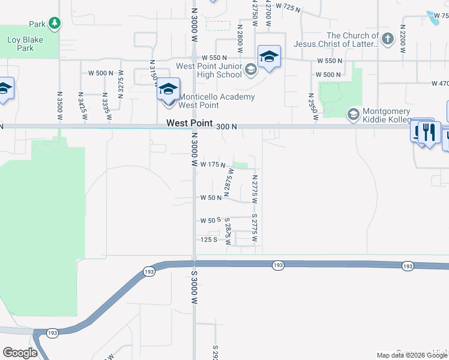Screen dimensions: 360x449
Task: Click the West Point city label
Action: tap(189, 123)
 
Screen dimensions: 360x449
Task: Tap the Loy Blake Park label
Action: tap(20, 44)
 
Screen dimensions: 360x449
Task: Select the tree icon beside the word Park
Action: tap(55, 23)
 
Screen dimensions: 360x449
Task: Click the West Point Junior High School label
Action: tap(208, 70)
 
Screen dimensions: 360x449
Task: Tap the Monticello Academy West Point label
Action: tap(217, 101)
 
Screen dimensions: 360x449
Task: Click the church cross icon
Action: tap(387, 40)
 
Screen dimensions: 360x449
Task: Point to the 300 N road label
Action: tap(227, 127)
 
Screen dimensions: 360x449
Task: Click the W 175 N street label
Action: tap(212, 164)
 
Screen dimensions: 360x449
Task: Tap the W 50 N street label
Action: tap(211, 197)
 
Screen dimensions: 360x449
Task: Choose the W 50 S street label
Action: tap(211, 221)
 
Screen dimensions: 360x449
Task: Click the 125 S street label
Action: tap(208, 239)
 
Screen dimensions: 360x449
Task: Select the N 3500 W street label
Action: tap(59, 106)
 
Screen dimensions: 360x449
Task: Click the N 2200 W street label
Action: tap(403, 37)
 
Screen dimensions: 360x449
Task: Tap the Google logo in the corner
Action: tap(20, 353)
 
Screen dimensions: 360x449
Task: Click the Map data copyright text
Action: tap(412, 356)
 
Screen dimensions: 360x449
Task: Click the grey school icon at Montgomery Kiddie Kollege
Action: tap(353, 113)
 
